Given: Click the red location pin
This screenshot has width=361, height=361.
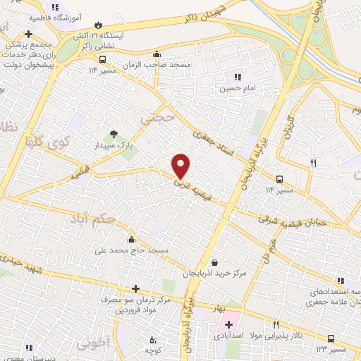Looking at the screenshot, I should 181,165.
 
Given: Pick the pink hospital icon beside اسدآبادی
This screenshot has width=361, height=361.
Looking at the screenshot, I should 228,325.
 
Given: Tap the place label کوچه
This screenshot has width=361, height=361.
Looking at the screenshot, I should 153,350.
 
